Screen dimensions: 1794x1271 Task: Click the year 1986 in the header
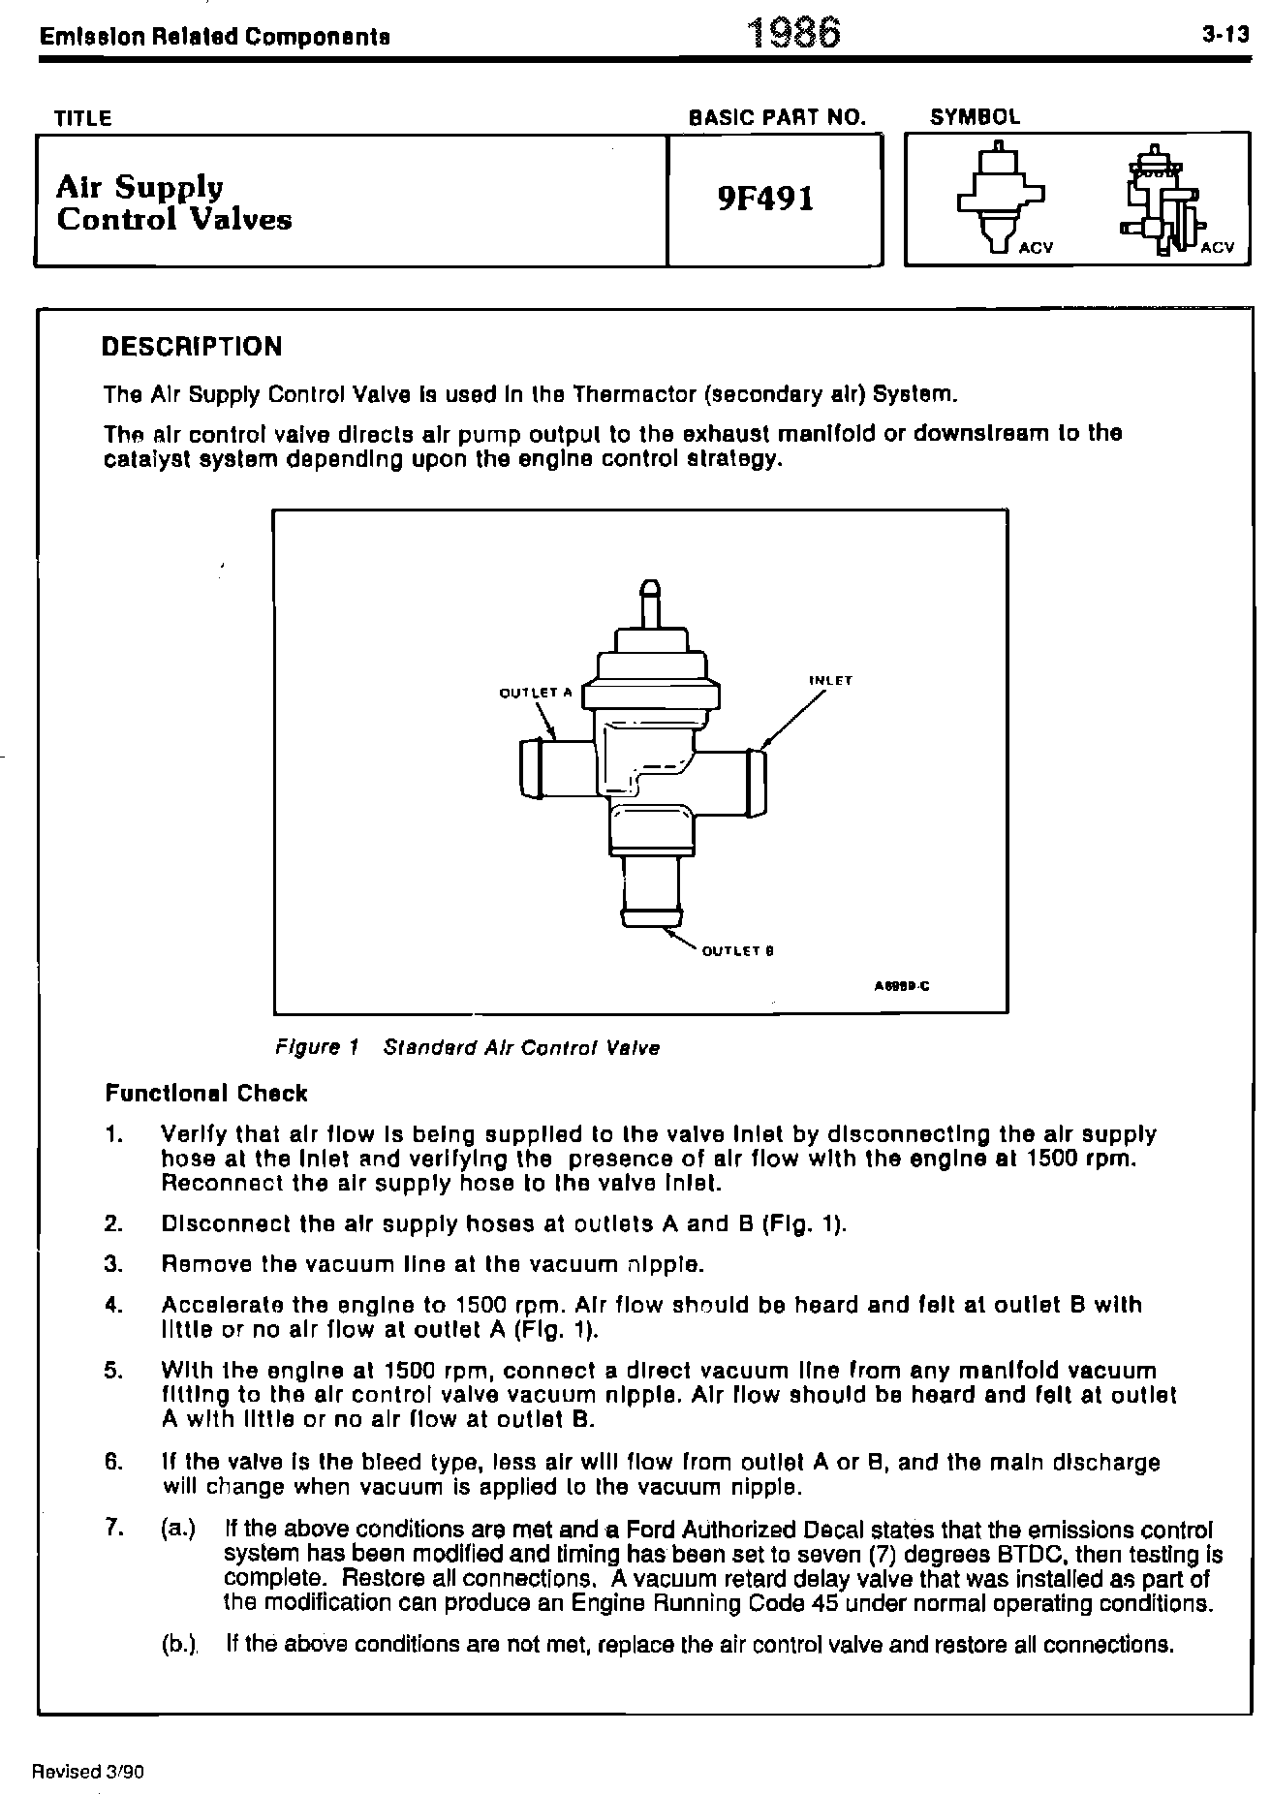coord(793,34)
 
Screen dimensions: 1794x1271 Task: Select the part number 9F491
coord(765,199)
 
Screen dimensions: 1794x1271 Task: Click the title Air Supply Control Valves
coord(173,202)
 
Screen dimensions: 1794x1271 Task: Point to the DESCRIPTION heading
coord(192,347)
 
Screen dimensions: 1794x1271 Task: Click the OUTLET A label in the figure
coord(536,693)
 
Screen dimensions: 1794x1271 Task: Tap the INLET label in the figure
coord(830,680)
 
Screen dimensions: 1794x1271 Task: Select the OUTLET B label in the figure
coord(737,951)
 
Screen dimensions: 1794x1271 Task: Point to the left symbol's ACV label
coord(1036,248)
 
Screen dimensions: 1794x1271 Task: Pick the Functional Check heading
coord(205,1094)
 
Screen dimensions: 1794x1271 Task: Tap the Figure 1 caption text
coord(468,1048)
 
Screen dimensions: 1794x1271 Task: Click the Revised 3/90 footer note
coord(88,1772)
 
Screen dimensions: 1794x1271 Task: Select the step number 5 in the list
coord(113,1371)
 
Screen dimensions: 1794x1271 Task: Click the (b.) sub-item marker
coord(179,1644)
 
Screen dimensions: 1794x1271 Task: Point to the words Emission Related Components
coord(215,38)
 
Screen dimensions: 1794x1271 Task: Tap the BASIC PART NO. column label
coord(776,118)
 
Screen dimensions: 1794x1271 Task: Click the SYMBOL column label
coord(975,117)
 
